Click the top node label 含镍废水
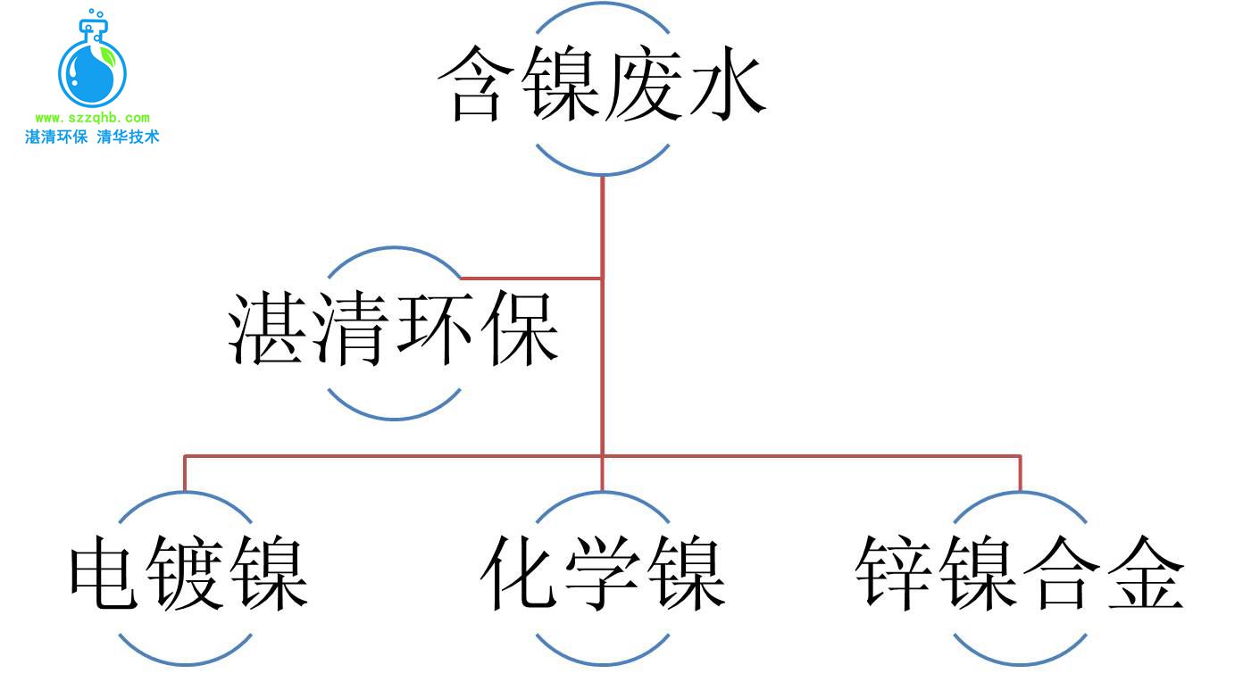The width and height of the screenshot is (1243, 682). coord(602,85)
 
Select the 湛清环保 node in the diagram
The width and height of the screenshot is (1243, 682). coord(394,331)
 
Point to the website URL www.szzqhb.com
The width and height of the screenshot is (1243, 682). coord(92,118)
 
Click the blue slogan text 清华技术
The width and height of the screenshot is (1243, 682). coord(128,137)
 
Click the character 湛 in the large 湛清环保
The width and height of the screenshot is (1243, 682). coord(269,331)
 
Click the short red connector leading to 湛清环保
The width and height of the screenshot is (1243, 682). coord(531,279)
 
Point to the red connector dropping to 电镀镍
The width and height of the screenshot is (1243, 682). coord(185,474)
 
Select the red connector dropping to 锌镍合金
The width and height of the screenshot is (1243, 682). coord(1020,474)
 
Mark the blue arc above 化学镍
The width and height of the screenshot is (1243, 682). coord(603,496)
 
